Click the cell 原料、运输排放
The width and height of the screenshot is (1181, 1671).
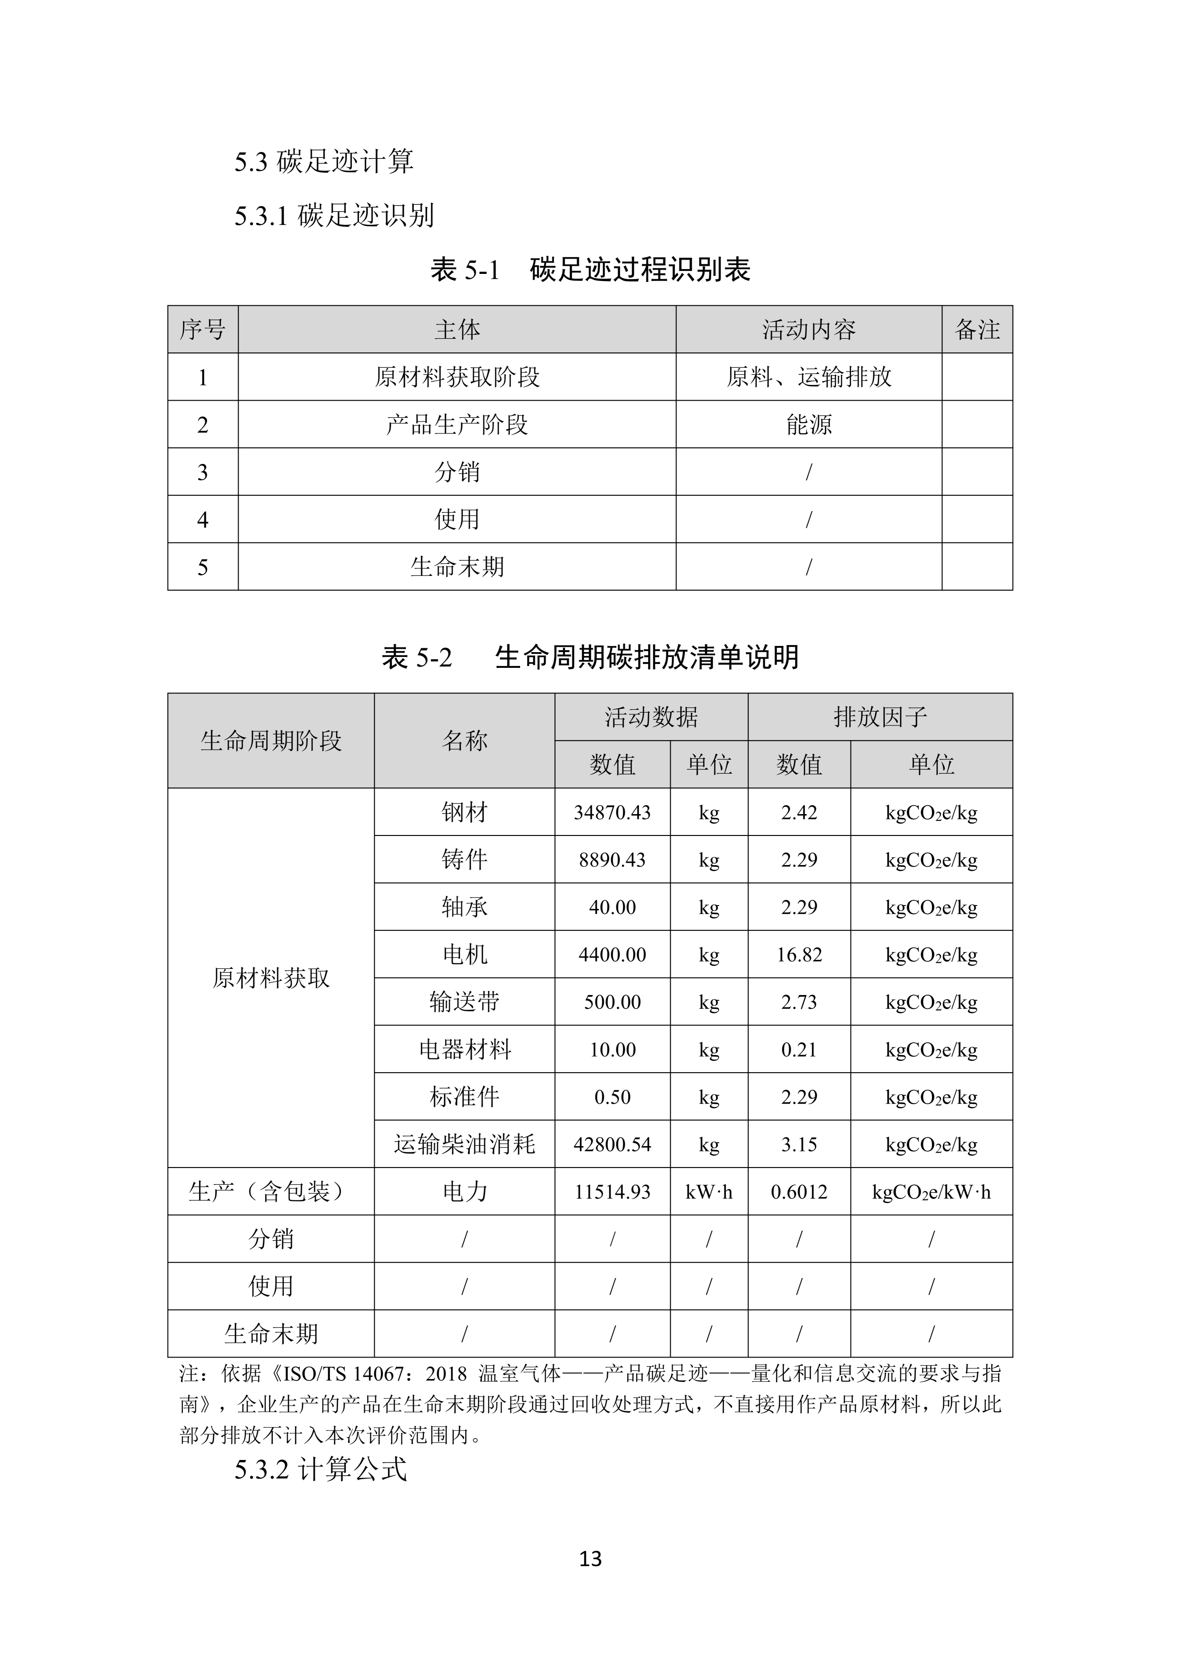tap(809, 377)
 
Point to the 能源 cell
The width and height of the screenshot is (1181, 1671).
tap(809, 424)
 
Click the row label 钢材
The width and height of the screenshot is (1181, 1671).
tap(464, 812)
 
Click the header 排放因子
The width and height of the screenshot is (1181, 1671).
tap(880, 717)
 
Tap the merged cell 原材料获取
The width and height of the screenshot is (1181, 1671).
tap(270, 978)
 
